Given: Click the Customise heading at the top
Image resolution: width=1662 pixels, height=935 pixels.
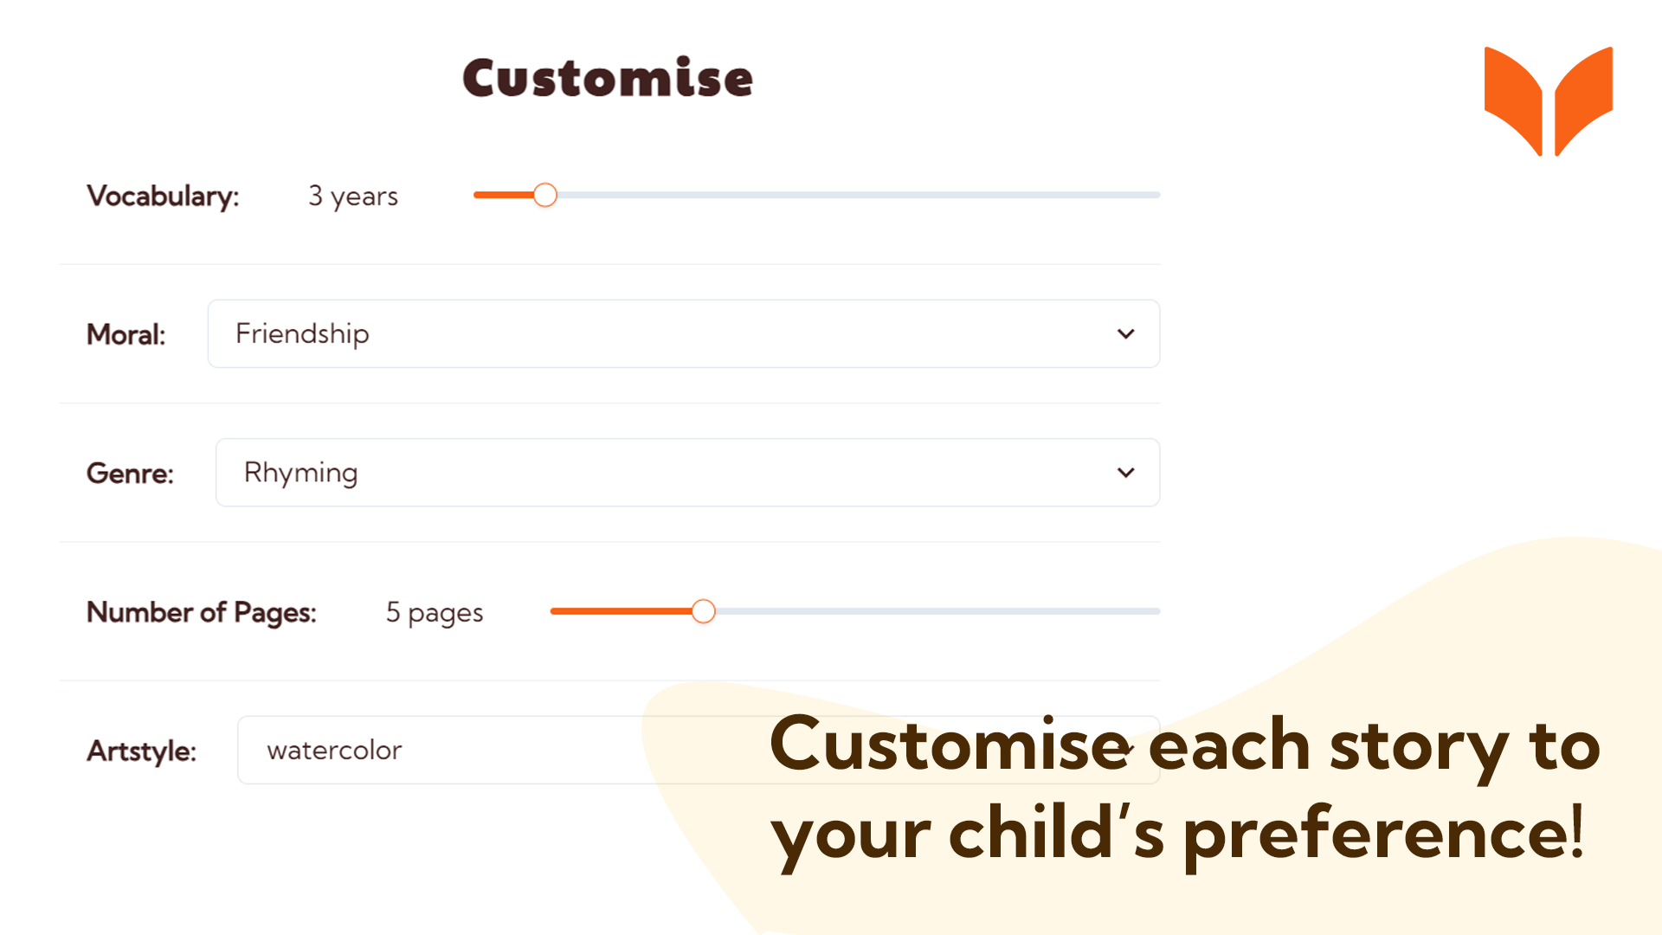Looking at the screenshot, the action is click(x=608, y=78).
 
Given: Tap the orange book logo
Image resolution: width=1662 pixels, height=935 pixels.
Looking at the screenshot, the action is click(x=1549, y=101).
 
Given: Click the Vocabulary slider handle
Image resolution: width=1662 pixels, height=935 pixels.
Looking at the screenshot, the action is click(x=544, y=195).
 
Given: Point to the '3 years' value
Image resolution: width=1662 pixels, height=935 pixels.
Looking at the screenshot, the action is click(x=353, y=197).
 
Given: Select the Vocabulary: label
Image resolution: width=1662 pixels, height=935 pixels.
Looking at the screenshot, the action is click(x=163, y=197).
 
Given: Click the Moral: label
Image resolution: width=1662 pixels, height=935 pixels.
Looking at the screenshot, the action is click(x=126, y=334).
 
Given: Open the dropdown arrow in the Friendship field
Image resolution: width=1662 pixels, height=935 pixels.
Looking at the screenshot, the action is click(x=1125, y=334).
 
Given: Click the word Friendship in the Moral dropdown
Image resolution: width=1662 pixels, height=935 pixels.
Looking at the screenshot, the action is click(x=302, y=334).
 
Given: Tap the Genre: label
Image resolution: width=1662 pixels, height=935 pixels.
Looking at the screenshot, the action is click(x=130, y=474).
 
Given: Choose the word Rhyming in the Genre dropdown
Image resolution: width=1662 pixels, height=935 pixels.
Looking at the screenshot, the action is click(x=300, y=474).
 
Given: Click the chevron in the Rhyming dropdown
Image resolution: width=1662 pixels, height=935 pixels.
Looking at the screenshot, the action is click(x=1125, y=473).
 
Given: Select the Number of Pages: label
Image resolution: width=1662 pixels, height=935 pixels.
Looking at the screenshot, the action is click(x=202, y=612).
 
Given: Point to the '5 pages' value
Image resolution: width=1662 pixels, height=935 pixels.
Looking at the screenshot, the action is click(x=435, y=613).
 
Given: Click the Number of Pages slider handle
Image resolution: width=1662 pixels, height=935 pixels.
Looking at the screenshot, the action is click(x=704, y=611).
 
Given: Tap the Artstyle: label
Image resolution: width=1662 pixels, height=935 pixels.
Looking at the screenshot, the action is click(x=142, y=751).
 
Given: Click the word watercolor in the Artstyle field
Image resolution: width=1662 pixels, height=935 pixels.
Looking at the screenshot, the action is click(x=334, y=750).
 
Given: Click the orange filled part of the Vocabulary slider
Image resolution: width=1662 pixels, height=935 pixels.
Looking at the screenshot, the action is click(x=504, y=195).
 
